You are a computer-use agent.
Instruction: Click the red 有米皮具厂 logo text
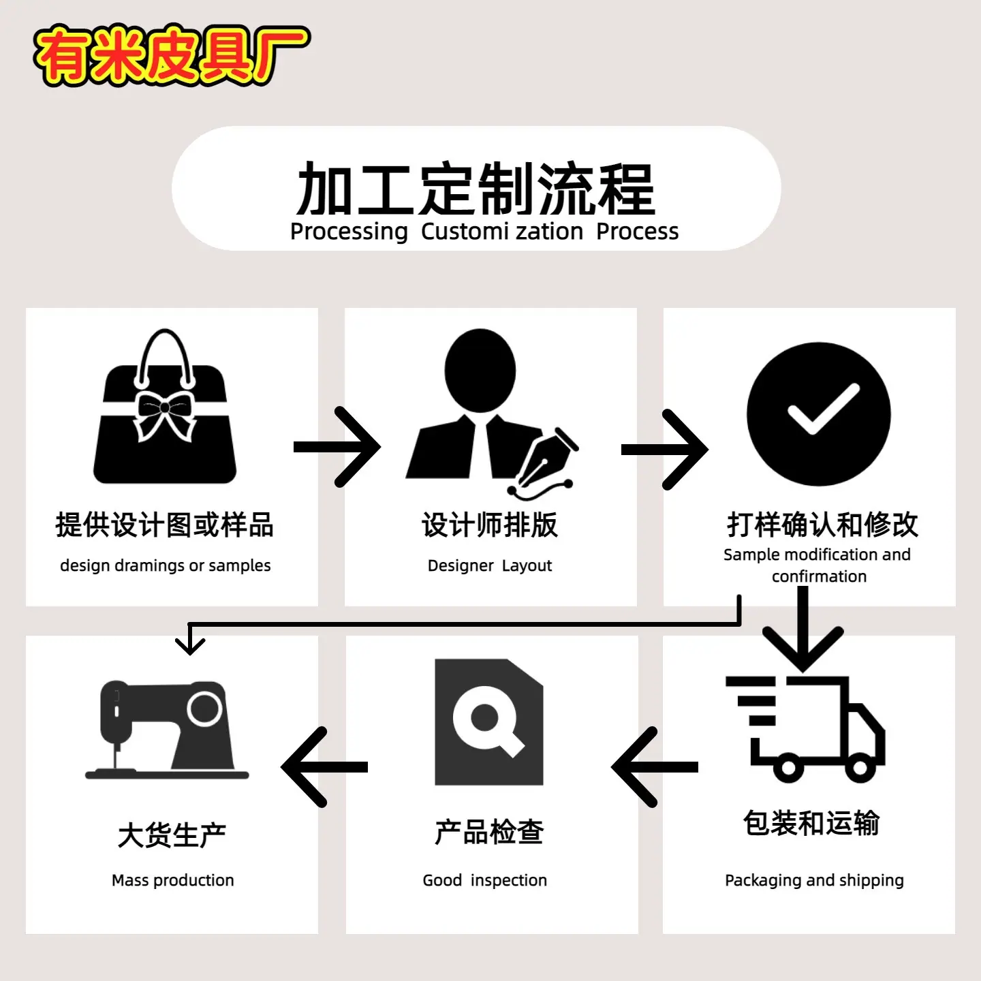172,55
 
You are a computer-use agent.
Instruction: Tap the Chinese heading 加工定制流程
476,189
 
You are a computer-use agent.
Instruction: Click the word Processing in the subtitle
349,232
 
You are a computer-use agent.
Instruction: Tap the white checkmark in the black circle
824,409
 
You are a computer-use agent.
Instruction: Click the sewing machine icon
167,730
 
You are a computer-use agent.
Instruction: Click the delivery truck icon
805,728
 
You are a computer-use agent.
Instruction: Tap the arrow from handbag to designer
337,447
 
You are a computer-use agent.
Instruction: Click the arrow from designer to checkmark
665,449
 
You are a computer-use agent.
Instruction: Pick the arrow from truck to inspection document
655,767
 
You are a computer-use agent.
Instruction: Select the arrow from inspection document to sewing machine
324,767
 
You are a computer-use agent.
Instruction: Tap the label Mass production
172,880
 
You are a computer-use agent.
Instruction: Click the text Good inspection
484,880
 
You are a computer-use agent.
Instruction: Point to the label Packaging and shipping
814,881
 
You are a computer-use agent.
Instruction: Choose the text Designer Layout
490,565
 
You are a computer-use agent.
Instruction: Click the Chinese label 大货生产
172,835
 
